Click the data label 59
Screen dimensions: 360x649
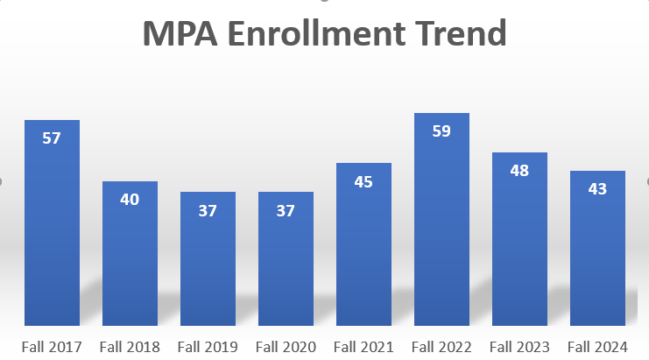pos(441,132)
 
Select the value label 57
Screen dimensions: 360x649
pos(52,138)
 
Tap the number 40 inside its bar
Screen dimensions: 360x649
pos(130,200)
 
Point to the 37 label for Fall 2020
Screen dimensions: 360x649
pos(286,210)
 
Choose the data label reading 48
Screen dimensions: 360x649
pos(519,171)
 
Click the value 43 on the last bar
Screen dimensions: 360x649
pos(597,189)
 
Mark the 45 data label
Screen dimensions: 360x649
pos(363,182)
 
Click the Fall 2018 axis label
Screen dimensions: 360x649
pos(130,347)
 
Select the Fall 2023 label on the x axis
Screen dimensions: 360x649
pos(519,347)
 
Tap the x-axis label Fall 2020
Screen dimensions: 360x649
pos(286,347)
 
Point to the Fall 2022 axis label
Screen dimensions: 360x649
pos(441,347)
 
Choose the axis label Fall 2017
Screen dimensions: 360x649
pos(52,347)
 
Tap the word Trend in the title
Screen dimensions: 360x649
pos(459,34)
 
